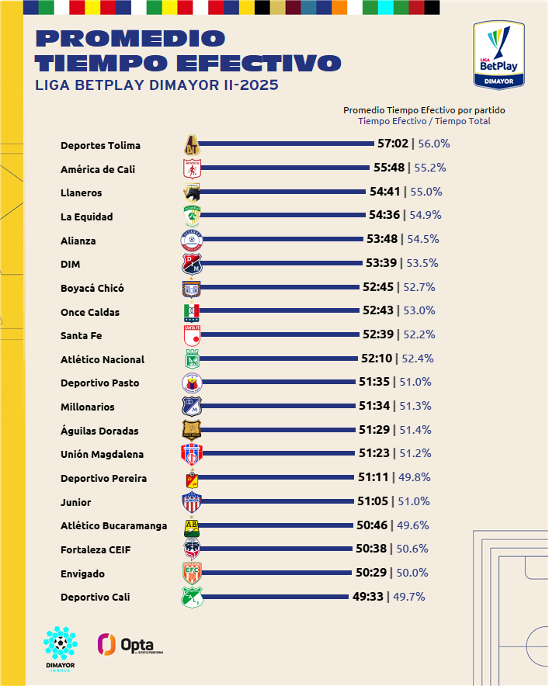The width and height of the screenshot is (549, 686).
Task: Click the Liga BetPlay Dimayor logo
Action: point(499,55)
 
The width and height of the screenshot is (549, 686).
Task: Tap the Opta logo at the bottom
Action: point(130,644)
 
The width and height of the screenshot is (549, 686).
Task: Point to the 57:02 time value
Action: point(393,144)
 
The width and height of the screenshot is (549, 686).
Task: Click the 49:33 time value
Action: point(367,597)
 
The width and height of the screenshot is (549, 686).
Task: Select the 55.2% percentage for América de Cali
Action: point(429,168)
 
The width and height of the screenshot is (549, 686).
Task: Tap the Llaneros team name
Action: point(82,192)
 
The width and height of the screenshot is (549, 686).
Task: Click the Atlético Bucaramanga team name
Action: point(113,526)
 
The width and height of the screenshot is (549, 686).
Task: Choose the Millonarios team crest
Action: point(191,407)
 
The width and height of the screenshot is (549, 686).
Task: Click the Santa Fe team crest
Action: point(191,335)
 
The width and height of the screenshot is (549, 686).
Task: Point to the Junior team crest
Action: point(191,502)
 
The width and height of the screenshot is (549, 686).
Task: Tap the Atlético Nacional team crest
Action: point(191,359)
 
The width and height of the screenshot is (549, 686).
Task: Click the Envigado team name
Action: point(82,573)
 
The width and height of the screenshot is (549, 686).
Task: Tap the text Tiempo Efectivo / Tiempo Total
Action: point(424,120)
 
